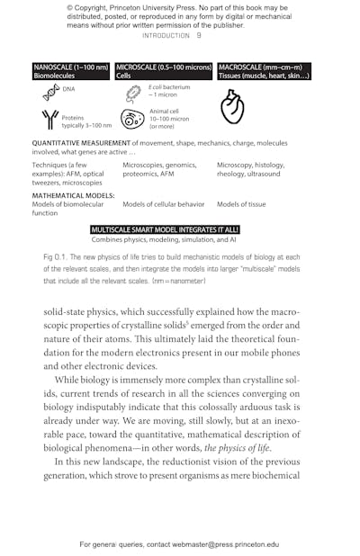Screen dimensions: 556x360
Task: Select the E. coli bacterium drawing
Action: pos(133,92)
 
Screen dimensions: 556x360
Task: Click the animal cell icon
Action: pos(132,119)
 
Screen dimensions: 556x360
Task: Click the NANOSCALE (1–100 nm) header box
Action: pos(71,71)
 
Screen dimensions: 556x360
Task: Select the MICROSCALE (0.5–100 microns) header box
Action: pos(164,71)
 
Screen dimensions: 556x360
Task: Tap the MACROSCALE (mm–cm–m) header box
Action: pos(264,71)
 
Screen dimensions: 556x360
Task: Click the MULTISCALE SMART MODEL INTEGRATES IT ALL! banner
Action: pos(164,230)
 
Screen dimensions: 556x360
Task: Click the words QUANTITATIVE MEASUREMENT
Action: pos(75,143)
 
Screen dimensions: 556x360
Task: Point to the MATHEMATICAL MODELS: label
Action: pos(67,194)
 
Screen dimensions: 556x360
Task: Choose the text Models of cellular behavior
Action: pos(163,204)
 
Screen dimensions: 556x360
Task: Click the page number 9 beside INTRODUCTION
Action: pos(199,36)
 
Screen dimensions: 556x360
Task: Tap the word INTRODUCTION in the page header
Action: pos(166,36)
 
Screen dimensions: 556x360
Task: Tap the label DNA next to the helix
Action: pos(69,89)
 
